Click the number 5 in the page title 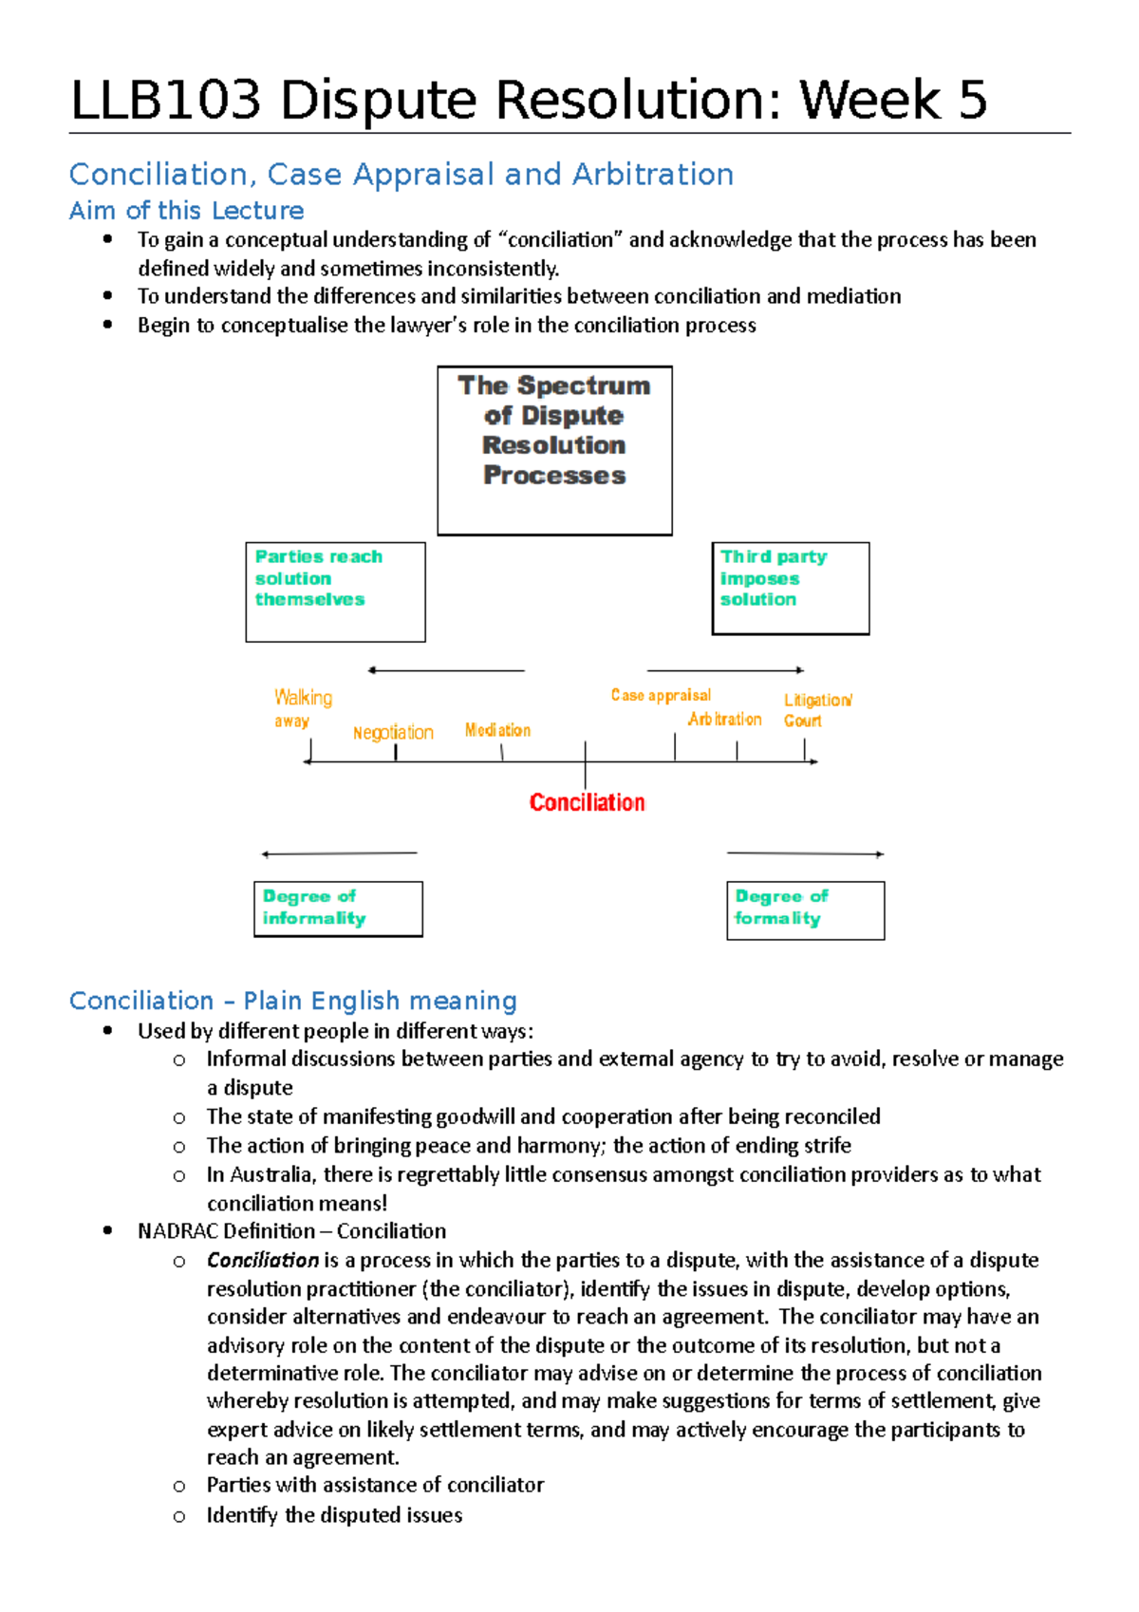[x=972, y=101]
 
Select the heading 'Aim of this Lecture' [x=187, y=211]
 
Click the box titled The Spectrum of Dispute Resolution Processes [x=554, y=450]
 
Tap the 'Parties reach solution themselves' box [x=335, y=591]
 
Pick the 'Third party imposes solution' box [x=790, y=588]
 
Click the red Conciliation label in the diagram [x=587, y=802]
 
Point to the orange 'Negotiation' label [x=393, y=733]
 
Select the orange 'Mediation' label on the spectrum [x=497, y=730]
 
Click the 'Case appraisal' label [x=661, y=695]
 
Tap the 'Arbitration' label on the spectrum [x=724, y=720]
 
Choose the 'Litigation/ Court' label [x=816, y=710]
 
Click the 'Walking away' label [x=302, y=707]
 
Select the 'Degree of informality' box [x=338, y=909]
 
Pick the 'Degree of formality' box [x=805, y=909]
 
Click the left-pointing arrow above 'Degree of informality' [x=339, y=853]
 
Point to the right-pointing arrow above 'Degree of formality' [x=805, y=853]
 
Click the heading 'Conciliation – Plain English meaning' [x=292, y=1001]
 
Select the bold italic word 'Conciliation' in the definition [x=262, y=1261]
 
